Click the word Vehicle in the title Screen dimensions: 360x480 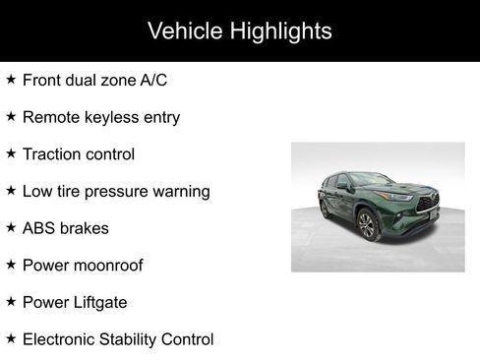click(x=183, y=30)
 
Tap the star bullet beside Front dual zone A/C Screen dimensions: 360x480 click(x=11, y=80)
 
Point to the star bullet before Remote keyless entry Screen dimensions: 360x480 click(x=11, y=116)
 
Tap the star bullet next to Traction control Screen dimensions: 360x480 click(x=11, y=153)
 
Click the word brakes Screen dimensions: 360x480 click(x=86, y=228)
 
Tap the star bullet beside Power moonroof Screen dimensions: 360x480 click(x=11, y=265)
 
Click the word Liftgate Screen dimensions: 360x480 click(x=99, y=303)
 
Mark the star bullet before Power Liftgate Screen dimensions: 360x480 click(x=11, y=302)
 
